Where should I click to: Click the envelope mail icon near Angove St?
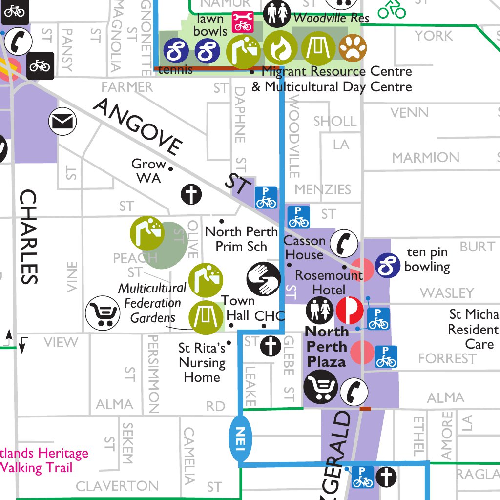point(63,121)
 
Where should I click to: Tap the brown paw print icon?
point(353,47)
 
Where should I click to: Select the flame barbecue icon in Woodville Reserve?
point(281,47)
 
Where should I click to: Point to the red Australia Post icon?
point(350,311)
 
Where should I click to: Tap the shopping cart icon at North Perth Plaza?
point(320,387)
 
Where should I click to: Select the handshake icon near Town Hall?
point(263,279)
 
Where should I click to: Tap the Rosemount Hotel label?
point(328,282)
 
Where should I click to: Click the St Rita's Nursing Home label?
point(202,362)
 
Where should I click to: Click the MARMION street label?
point(425,158)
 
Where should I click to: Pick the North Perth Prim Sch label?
point(241,239)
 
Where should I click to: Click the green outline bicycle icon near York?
point(392,9)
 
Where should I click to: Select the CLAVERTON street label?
point(117,486)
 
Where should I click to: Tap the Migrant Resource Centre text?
point(336,72)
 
